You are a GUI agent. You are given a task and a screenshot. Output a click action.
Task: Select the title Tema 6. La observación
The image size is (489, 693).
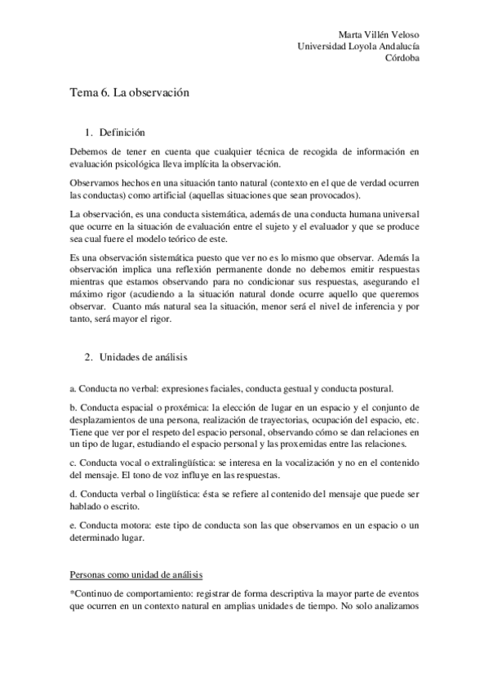pyautogui.click(x=130, y=93)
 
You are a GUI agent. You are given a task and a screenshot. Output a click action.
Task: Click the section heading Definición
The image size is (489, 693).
pyautogui.click(x=122, y=132)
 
